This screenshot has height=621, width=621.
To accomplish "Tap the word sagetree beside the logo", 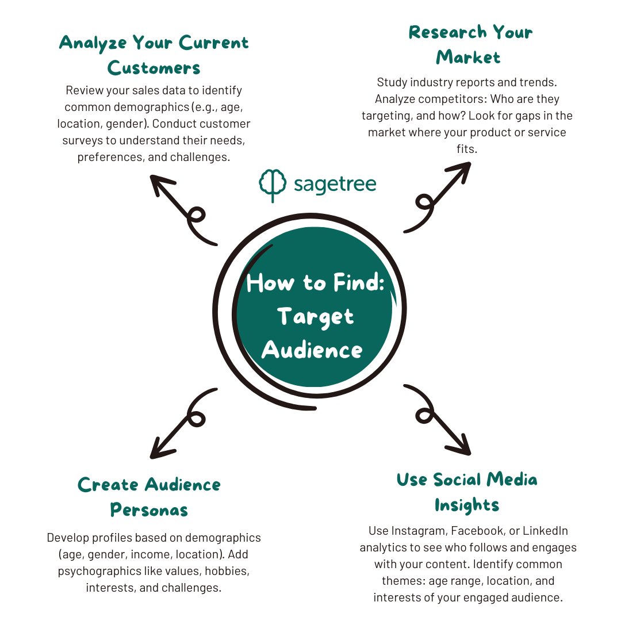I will (x=335, y=185).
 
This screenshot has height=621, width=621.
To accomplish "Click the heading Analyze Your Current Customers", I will (x=154, y=55).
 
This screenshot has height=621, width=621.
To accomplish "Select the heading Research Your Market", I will (x=470, y=44).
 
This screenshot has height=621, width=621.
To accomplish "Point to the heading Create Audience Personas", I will (x=149, y=497).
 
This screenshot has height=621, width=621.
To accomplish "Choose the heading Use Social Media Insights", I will (x=467, y=492).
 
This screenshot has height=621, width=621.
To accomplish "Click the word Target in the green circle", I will (x=315, y=316).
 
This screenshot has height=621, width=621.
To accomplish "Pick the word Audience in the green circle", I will (x=312, y=350).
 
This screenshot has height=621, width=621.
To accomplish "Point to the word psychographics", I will (x=94, y=572).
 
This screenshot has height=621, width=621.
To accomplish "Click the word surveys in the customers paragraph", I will (x=85, y=140).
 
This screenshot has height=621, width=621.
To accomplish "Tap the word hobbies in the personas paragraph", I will (x=228, y=572).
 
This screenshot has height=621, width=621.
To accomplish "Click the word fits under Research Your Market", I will (x=469, y=148).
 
